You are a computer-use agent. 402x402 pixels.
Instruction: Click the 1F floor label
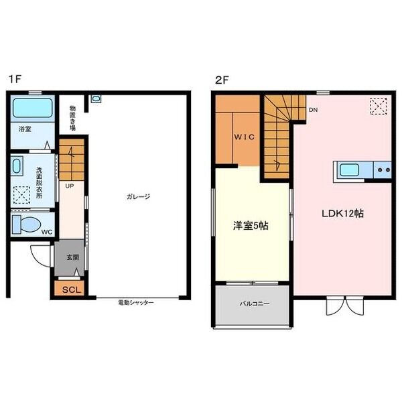(x=15, y=79)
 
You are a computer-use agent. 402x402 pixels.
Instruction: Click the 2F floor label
(x=222, y=79)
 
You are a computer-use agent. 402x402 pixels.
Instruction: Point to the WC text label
(x=47, y=232)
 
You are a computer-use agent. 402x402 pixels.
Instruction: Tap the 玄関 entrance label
(x=72, y=257)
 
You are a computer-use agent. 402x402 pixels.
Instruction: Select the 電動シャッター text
(x=135, y=303)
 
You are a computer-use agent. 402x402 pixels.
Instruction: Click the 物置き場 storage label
(x=72, y=117)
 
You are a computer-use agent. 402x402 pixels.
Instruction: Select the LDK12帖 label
(x=342, y=214)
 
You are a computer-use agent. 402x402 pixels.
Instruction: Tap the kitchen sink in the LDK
(x=350, y=170)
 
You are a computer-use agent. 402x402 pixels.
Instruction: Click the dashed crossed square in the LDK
(x=379, y=106)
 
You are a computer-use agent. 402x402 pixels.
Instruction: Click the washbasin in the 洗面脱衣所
(x=17, y=165)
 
